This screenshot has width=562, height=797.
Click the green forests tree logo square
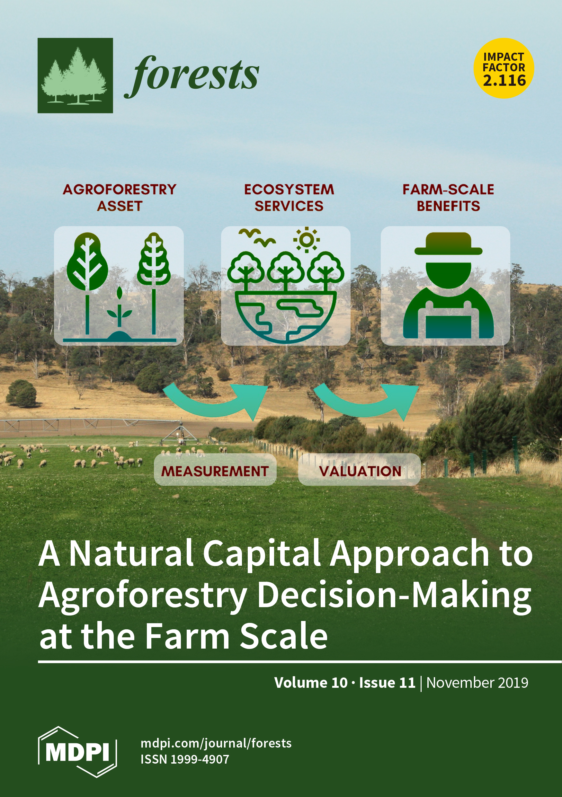(75, 75)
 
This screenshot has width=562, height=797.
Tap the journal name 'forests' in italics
(192, 76)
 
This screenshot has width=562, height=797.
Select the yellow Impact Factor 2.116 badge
(504, 68)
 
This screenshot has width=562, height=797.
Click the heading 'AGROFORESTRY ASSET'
(120, 198)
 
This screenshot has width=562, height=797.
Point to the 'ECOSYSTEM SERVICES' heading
(289, 198)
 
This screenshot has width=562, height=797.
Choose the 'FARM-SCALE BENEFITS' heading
(448, 198)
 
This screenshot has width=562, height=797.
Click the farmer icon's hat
(449, 244)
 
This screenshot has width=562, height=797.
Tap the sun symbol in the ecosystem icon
(306, 239)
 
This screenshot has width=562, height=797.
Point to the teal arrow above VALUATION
(364, 403)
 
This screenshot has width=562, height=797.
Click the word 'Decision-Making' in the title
(394, 596)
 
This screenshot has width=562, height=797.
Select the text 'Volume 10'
(311, 683)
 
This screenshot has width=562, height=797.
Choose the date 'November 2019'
(477, 683)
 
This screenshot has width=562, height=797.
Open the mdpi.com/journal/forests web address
(216, 743)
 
